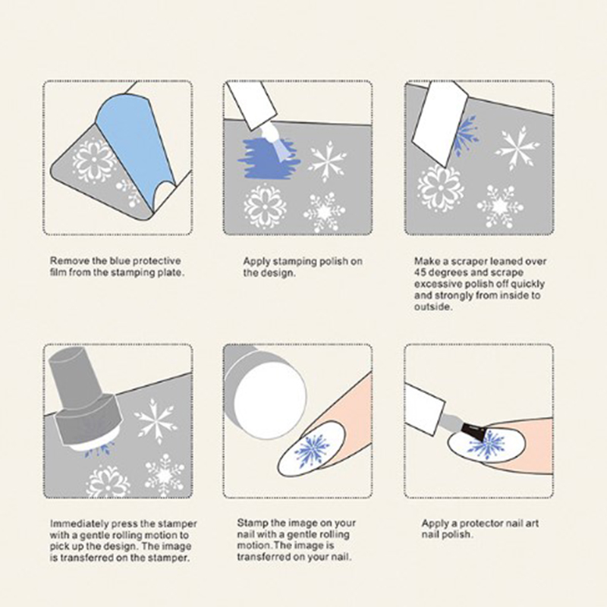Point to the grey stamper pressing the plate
pos(85,399)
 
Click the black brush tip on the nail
pos(475,432)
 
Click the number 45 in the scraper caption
pos(421,272)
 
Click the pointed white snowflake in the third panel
pos(517,148)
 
